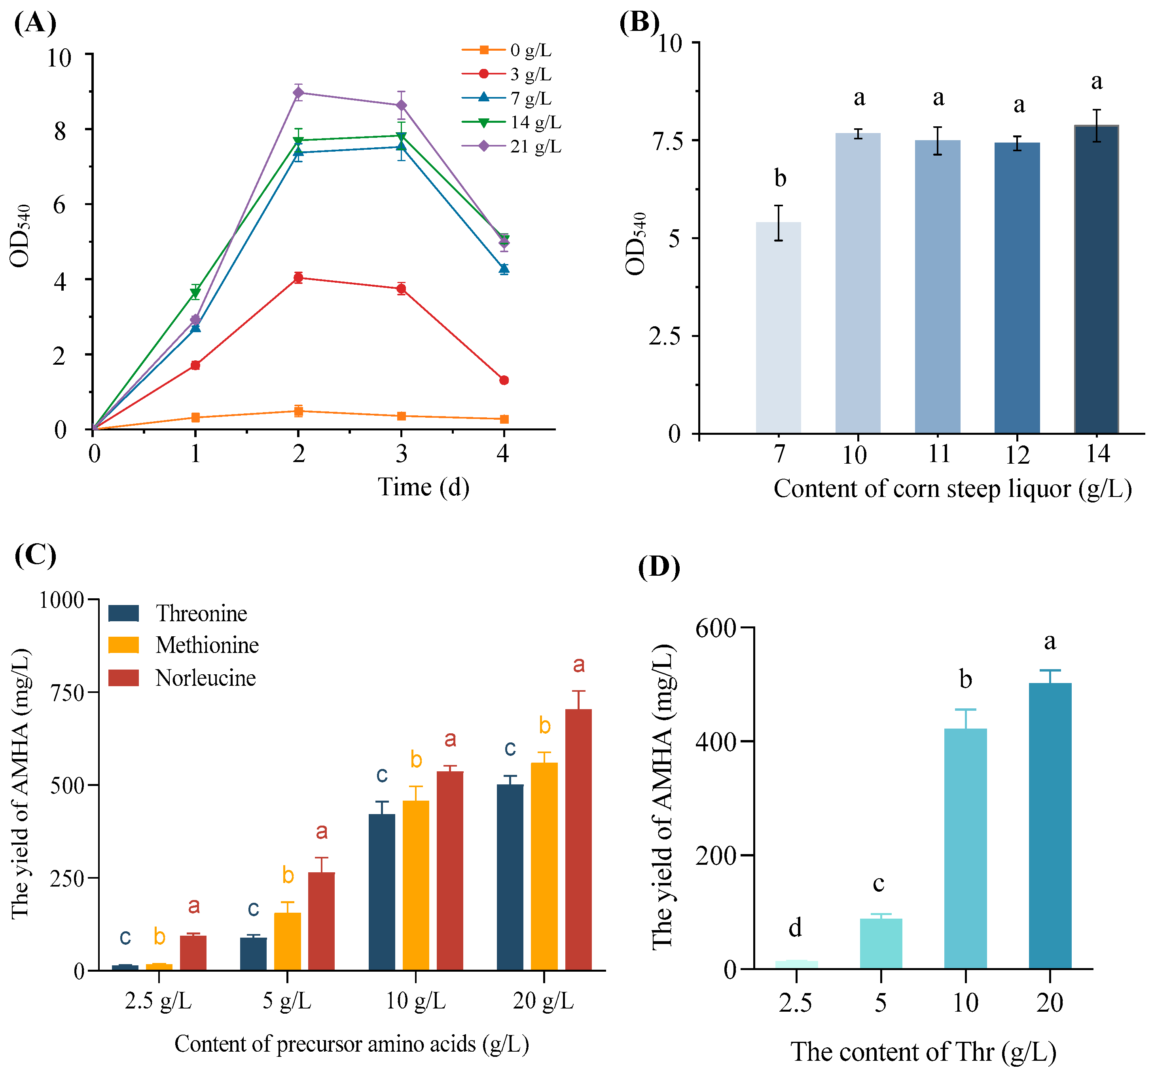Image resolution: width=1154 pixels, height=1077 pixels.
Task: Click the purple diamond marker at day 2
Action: tap(298, 93)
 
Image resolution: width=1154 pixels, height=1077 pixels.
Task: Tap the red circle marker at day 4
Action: tap(504, 381)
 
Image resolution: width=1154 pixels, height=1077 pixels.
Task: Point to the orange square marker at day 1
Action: tap(195, 418)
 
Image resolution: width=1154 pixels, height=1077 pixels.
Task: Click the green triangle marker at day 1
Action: tap(195, 293)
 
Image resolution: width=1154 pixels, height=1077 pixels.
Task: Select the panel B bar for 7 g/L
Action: tap(779, 328)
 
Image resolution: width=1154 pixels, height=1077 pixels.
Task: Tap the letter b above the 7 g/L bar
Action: tap(780, 178)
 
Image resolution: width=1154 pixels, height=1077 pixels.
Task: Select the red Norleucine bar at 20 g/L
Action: tap(578, 839)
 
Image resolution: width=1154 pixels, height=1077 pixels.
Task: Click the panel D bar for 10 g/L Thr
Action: tap(965, 848)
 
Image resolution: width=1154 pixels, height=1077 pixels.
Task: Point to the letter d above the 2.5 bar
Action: tap(795, 928)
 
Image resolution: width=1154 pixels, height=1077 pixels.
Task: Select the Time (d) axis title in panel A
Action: tap(423, 487)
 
